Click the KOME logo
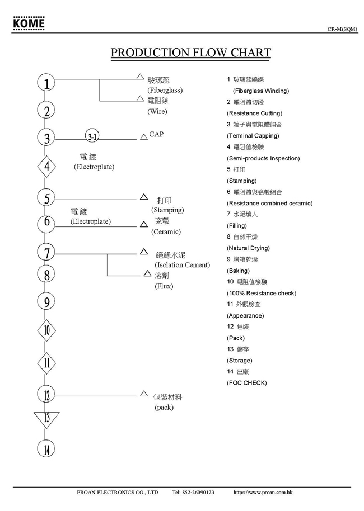coord(29,25)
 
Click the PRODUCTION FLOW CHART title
coord(190,53)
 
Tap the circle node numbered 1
coord(47,83)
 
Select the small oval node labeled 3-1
coord(93,136)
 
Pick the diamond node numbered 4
coord(47,166)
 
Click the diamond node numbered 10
coord(47,330)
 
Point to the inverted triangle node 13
coord(46,418)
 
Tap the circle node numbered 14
coord(47,448)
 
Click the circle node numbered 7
coord(47,253)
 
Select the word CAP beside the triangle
coord(157,135)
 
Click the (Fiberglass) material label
coord(165,90)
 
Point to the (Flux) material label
coord(164,286)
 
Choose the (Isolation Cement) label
coord(182,265)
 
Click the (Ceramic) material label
coord(166,232)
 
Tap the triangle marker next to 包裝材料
coord(143,394)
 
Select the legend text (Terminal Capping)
coord(253,136)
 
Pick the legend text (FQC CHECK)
coord(246,383)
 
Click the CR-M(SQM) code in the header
coord(343,29)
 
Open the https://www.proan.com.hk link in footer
coord(263,493)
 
